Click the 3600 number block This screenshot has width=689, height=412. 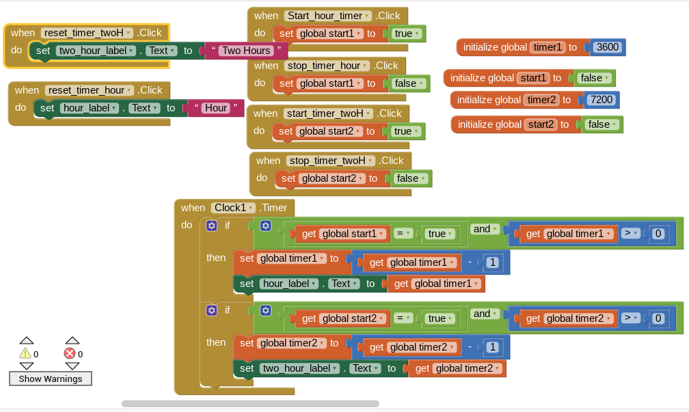(607, 47)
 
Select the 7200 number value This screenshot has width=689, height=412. (601, 100)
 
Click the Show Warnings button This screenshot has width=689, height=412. (51, 379)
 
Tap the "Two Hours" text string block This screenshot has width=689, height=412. (246, 51)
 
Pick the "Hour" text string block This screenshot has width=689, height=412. (216, 108)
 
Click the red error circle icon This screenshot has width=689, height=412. (70, 353)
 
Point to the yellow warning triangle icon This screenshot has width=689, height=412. (25, 353)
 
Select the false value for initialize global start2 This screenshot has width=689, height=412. (602, 124)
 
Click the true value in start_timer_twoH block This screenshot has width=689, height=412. (407, 131)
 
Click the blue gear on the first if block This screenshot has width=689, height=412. (211, 225)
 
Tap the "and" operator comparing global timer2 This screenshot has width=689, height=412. (485, 314)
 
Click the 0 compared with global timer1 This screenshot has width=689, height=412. (658, 234)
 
